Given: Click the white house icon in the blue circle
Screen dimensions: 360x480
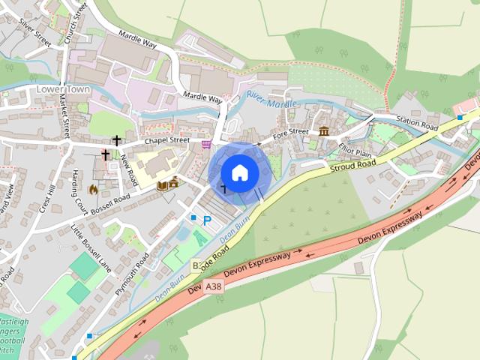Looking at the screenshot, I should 239,173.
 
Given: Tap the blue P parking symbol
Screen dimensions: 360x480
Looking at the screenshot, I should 207,220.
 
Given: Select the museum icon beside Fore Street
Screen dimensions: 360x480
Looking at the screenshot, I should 324,132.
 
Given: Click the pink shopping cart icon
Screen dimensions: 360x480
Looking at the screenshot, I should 206,143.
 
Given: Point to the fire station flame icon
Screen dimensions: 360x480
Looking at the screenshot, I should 92,190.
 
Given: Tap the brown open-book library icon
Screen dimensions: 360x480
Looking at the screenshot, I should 161,185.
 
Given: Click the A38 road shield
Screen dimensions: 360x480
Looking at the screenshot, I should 214,286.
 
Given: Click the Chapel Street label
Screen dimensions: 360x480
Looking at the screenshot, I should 166,139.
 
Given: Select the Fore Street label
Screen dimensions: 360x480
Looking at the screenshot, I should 290,133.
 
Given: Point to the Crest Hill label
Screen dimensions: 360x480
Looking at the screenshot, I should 47,198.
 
